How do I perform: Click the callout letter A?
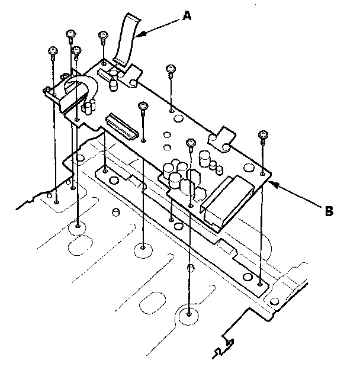coord(187,18)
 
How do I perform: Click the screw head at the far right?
coord(263,136)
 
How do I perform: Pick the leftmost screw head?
coord(53,52)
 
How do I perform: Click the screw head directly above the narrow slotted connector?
coord(142,106)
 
